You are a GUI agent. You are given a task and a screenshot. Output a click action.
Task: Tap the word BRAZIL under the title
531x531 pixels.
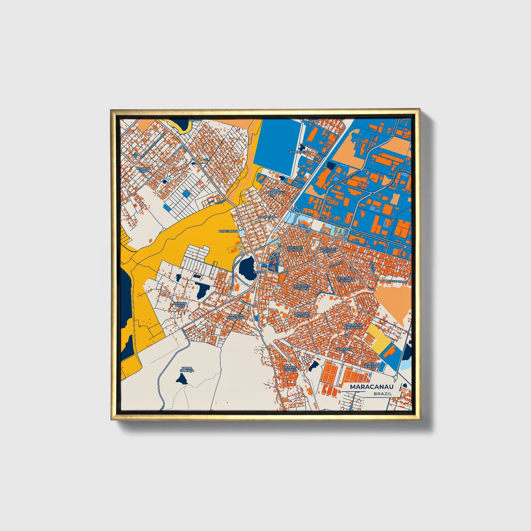coord(383,394)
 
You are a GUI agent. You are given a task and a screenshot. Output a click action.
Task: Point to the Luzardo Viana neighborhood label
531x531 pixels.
coord(143,170)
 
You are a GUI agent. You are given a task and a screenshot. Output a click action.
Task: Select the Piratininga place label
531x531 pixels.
coord(229,232)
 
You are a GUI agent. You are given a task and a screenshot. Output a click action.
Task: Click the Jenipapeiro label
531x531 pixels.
coord(299,152)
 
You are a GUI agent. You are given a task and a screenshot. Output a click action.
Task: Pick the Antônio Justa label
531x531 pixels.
coord(180,304)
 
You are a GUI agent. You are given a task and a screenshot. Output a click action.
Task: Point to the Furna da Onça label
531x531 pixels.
coord(187,369)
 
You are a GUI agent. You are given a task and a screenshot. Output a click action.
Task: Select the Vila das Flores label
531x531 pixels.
coord(290,368)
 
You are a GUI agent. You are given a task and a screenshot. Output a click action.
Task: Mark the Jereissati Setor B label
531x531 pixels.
coord(328,250)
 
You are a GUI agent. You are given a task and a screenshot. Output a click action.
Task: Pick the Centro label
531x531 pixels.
coord(259,272)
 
